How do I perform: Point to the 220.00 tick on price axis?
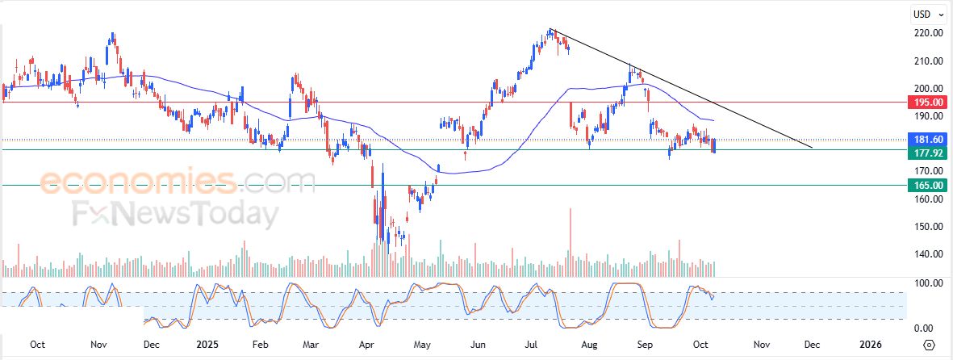coord(929,33)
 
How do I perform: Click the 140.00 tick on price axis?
coord(929,254)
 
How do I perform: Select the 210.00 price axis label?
coord(929,61)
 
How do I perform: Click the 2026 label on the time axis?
coord(871,344)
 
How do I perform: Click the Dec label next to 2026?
coord(813,344)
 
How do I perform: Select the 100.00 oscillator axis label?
coord(929,283)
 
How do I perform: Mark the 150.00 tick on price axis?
coord(929,227)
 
